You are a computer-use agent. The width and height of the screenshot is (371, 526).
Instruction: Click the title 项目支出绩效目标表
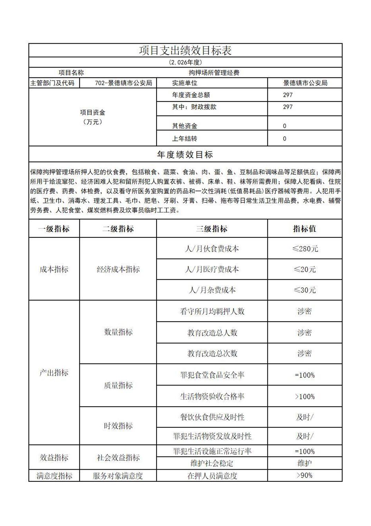point(185,51)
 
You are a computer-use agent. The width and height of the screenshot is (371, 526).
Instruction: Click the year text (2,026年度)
point(185,62)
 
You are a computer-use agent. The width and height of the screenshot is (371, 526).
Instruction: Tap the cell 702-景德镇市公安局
point(123,83)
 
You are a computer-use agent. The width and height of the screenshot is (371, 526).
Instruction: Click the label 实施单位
point(184,83)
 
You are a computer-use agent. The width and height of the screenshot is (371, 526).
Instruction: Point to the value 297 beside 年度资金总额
point(288,95)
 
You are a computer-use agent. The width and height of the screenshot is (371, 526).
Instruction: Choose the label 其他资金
point(184,126)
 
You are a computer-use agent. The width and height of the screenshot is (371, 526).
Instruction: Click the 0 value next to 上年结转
point(285,139)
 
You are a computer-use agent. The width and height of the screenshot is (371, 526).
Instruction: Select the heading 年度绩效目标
point(185,155)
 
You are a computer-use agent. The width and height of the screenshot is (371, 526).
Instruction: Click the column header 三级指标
point(212,229)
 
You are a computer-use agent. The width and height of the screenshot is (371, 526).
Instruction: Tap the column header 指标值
point(304,229)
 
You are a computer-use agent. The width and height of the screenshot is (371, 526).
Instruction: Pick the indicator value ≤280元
point(305,249)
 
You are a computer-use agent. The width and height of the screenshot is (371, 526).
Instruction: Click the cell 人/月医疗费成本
point(212,269)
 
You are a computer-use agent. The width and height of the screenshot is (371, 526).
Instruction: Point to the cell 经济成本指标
point(118,269)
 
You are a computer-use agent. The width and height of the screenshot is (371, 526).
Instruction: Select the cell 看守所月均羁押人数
point(212,311)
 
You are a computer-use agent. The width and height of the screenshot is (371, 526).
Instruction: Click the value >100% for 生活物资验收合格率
point(305,397)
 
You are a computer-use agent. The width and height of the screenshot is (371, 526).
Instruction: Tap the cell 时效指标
point(118,426)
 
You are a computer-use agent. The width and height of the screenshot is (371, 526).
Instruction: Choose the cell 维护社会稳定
point(212,463)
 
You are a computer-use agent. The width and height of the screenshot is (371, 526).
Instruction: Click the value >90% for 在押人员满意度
point(305,475)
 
